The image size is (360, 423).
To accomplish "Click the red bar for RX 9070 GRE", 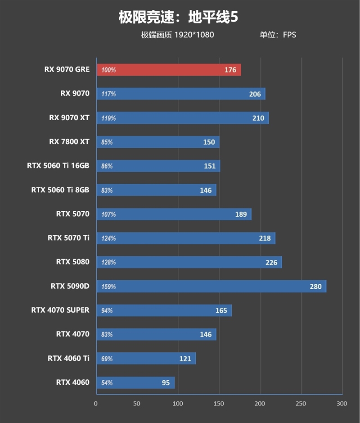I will (169, 70).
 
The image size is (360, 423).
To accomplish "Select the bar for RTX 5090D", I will (211, 286).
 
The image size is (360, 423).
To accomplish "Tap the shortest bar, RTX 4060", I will (135, 382).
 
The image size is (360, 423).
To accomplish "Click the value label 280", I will (315, 287).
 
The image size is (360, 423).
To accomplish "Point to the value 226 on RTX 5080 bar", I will (271, 263).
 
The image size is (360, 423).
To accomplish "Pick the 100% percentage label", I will (108, 70).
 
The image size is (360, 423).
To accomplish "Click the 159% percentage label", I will (108, 287).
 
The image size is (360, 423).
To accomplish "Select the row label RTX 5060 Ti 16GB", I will (58, 166).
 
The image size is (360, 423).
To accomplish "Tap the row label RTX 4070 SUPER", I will (60, 310).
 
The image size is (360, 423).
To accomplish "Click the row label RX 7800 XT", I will (69, 142).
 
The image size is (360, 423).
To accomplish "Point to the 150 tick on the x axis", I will (219, 403).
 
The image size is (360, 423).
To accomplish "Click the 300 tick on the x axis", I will (342, 403).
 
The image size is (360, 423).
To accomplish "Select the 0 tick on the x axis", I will (96, 403).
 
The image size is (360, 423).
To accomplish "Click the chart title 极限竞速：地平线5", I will (178, 18).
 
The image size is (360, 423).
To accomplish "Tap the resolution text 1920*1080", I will (194, 35).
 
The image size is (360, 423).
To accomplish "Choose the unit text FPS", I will (289, 35).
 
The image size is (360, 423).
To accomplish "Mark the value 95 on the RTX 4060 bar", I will (166, 383).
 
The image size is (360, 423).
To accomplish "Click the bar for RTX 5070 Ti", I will (185, 238).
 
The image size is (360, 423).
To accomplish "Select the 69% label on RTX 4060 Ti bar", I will (107, 359).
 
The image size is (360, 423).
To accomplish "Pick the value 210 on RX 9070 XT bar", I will (258, 118).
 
